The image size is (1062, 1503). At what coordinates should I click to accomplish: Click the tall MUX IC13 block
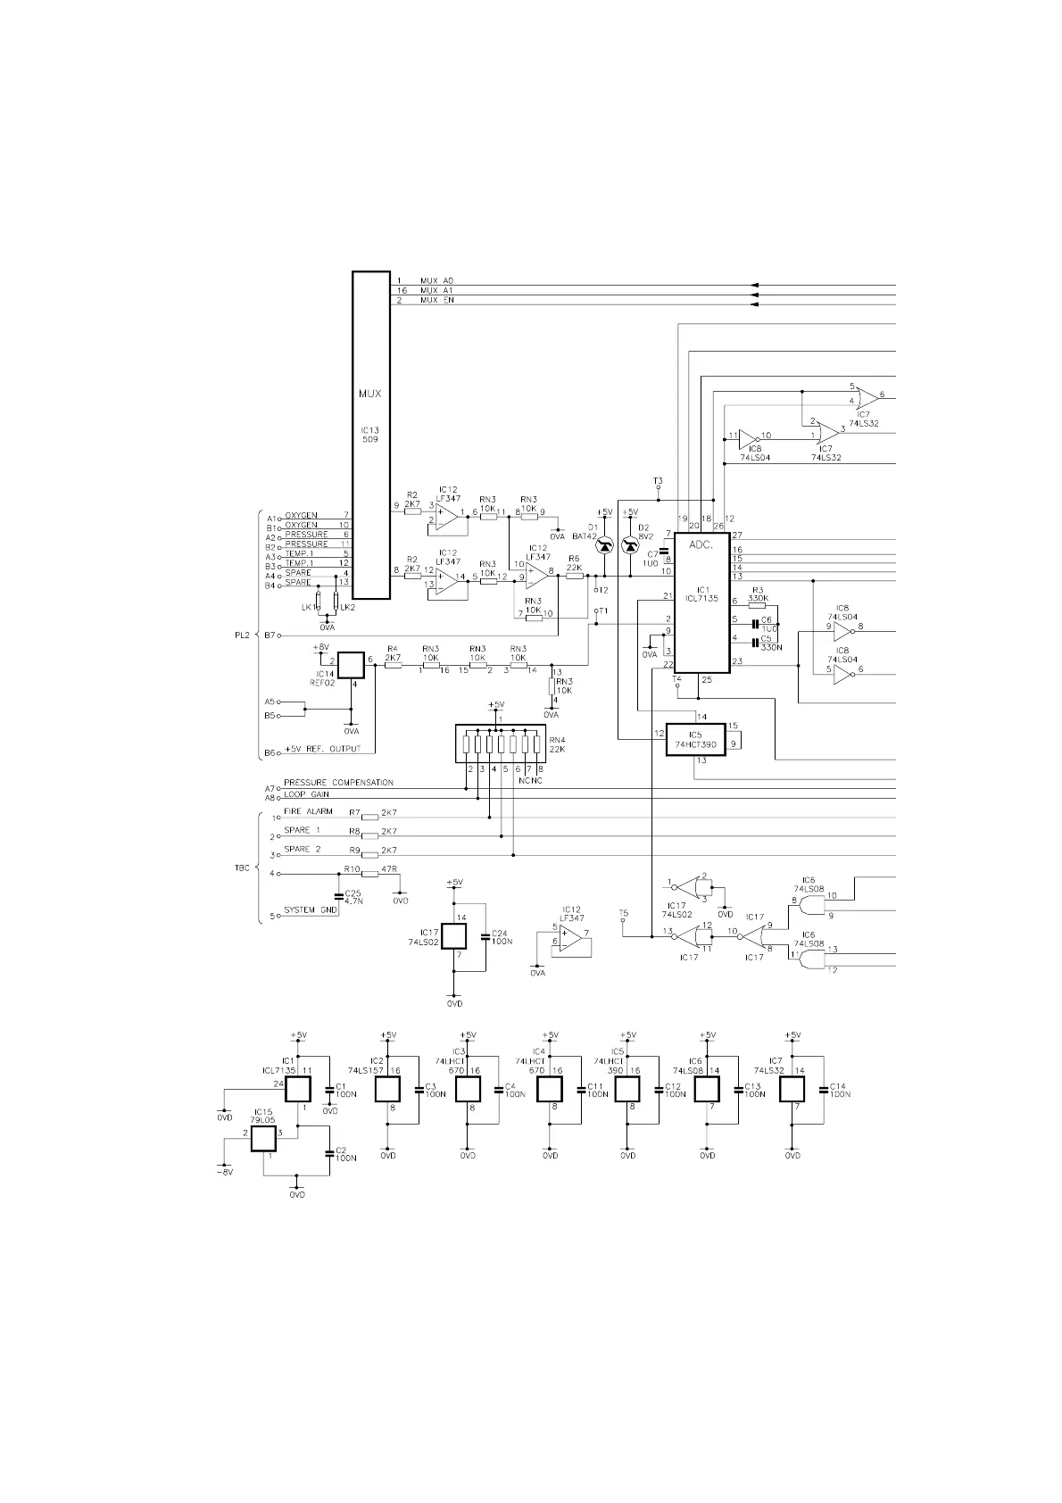point(371,436)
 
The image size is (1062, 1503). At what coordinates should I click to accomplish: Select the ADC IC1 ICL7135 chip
point(701,603)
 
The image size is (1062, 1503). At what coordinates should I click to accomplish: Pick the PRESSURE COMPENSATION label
point(338,783)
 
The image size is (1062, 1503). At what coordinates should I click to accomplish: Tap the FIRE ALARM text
point(308,811)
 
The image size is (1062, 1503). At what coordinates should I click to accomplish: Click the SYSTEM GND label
point(311,910)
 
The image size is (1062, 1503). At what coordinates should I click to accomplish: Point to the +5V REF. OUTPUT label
point(323,749)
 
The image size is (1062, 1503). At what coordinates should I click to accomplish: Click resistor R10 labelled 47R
point(369,874)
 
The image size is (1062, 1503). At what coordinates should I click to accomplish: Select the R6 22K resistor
point(575,576)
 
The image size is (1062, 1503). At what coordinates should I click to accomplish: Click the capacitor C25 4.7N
point(338,896)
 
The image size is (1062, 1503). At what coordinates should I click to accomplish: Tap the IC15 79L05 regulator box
point(263,1139)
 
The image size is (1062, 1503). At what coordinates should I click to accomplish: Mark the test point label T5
point(623,913)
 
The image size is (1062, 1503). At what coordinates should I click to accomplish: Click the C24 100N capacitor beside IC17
point(485,937)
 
